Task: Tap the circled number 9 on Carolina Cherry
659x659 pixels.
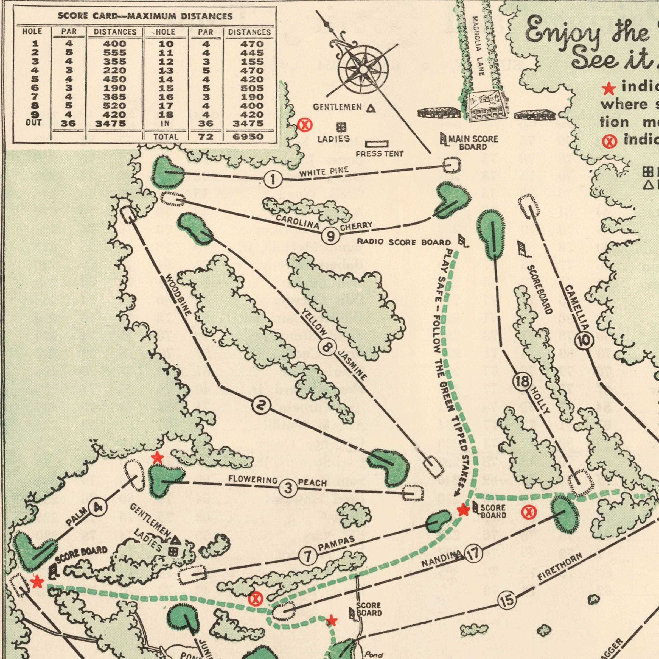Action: click(x=330, y=236)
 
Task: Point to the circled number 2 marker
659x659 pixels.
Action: click(x=261, y=406)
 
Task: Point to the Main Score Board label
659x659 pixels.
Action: click(x=473, y=143)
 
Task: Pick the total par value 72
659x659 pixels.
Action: click(x=206, y=137)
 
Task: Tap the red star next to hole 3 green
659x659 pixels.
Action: click(x=157, y=458)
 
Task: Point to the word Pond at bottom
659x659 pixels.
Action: click(x=374, y=655)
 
